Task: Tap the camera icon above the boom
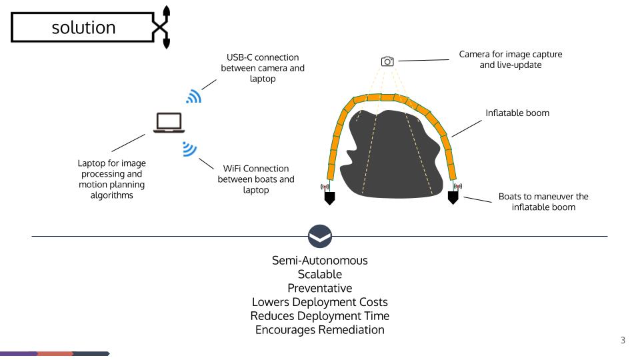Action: [x=387, y=61]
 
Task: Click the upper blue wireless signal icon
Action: [x=193, y=97]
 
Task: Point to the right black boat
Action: [x=453, y=197]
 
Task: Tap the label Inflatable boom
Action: [x=517, y=113]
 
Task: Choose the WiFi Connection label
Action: [x=256, y=180]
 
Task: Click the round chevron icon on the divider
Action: [x=320, y=236]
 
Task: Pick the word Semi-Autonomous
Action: [x=320, y=261]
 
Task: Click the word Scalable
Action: [x=320, y=274]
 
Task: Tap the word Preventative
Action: [x=320, y=288]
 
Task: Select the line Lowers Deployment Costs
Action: [x=320, y=301]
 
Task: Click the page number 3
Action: [x=623, y=341]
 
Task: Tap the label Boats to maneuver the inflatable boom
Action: [x=543, y=203]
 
